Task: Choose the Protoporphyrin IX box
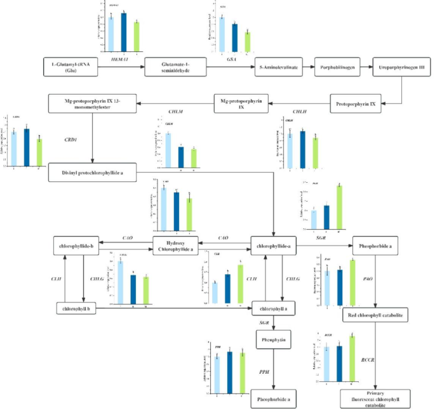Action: tap(357, 103)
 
